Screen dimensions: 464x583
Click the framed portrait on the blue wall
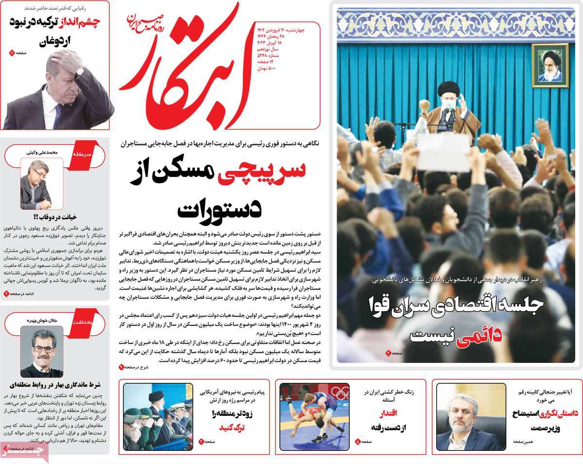point(549,65)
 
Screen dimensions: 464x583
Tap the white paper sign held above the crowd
point(444,152)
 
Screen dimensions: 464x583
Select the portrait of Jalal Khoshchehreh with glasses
point(42,352)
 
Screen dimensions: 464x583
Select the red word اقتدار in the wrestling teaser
point(387,413)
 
